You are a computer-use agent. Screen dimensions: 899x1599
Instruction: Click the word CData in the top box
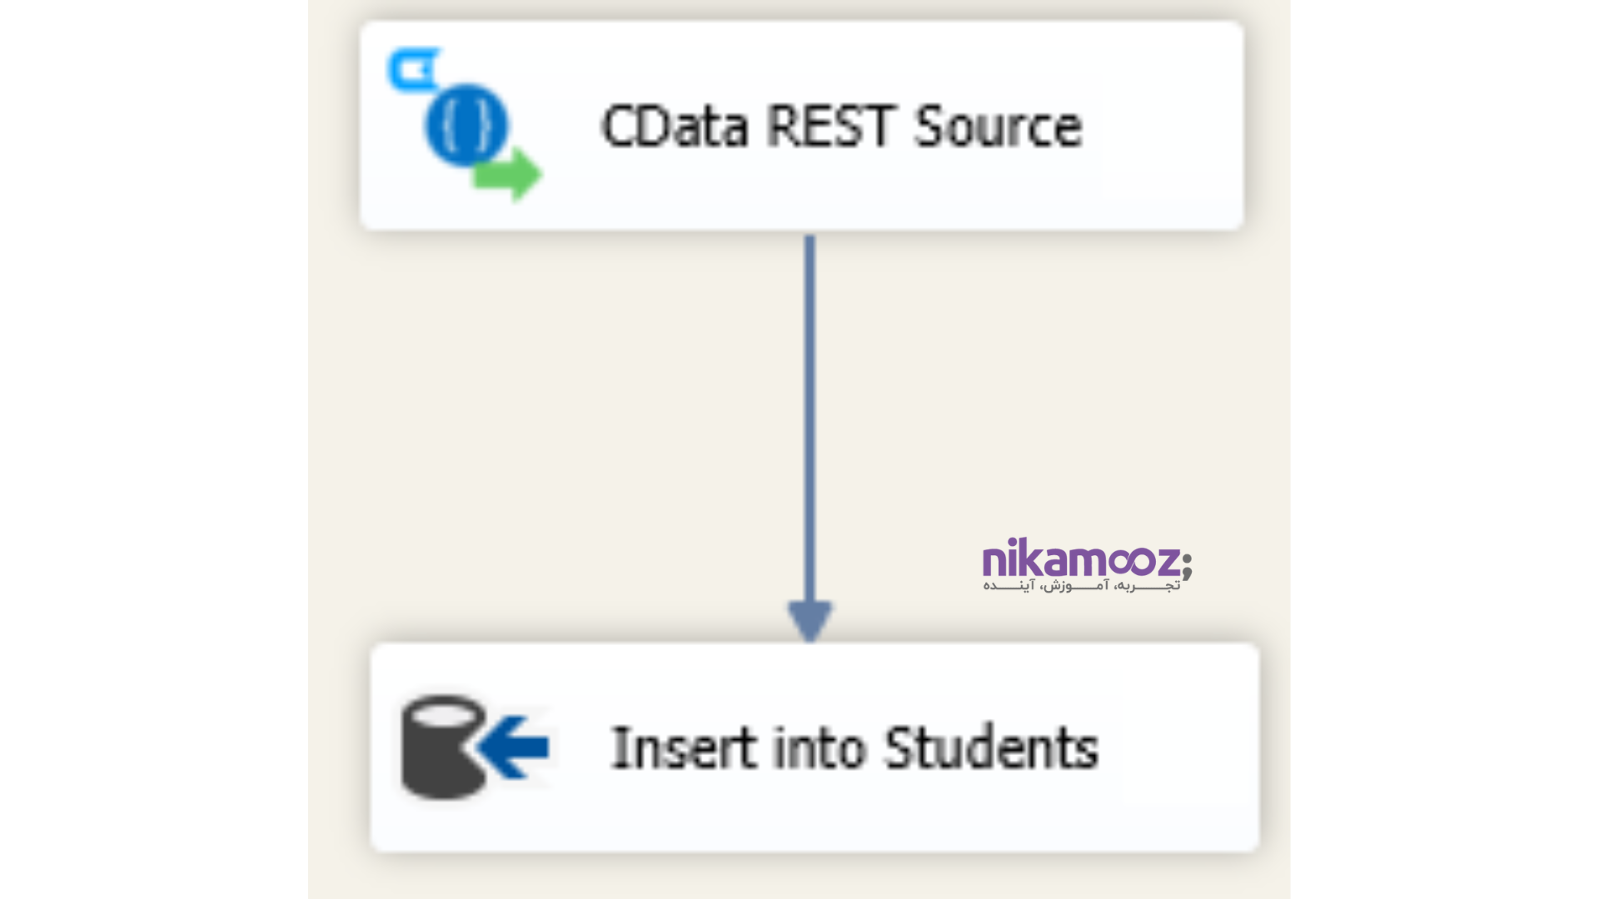(673, 127)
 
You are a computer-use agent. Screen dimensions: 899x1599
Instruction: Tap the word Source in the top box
(998, 127)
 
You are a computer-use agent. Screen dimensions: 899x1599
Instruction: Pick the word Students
(991, 748)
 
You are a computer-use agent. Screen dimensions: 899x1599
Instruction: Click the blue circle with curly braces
(466, 125)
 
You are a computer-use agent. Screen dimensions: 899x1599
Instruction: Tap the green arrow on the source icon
(509, 174)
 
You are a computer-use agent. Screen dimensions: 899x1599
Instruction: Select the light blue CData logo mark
(413, 70)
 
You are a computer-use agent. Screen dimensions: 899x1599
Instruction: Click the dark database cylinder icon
(441, 747)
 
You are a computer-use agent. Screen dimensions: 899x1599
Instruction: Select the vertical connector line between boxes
(809, 416)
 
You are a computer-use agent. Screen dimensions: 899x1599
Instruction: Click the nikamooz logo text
(1080, 559)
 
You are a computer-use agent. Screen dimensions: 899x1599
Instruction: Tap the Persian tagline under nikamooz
(1081, 586)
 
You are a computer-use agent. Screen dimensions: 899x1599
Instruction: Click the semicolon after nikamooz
(1187, 564)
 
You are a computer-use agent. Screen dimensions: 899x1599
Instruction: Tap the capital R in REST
(782, 127)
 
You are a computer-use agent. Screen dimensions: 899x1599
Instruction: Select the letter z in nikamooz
(1167, 562)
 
